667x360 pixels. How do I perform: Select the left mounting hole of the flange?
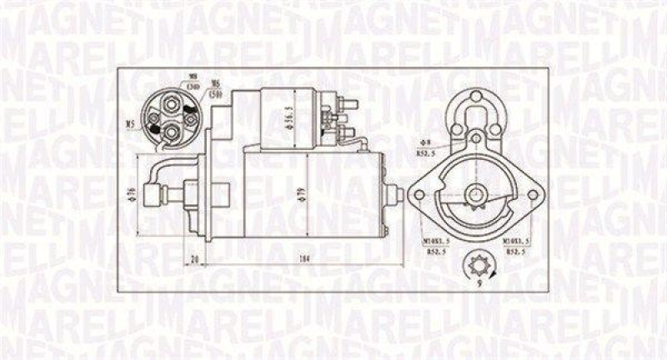[419, 195]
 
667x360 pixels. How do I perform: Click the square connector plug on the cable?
[152, 197]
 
